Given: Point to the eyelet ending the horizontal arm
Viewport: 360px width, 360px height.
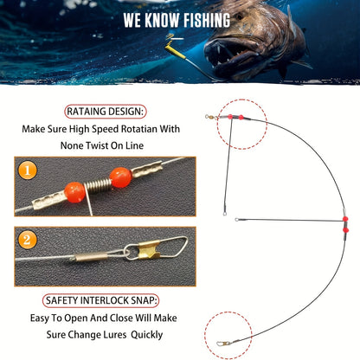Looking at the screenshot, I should [241, 220].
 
